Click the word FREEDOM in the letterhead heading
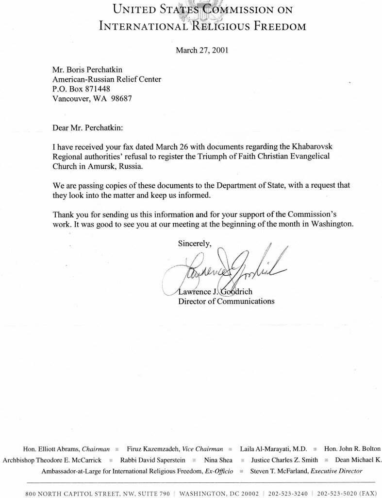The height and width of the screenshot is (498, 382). tap(278, 26)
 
